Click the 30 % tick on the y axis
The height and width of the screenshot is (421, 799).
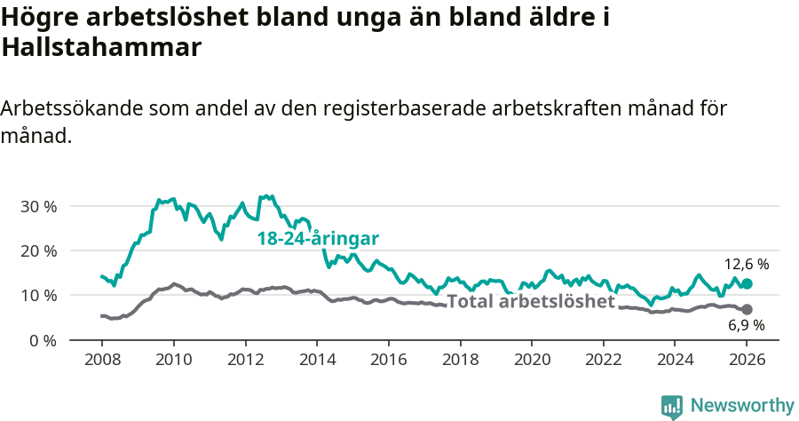pyautogui.click(x=38, y=207)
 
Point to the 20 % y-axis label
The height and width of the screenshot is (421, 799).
pyautogui.click(x=38, y=251)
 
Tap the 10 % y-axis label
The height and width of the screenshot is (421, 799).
pyautogui.click(x=38, y=296)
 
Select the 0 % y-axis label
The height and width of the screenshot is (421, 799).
pyautogui.click(x=43, y=340)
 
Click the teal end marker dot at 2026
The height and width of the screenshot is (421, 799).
pyautogui.click(x=747, y=284)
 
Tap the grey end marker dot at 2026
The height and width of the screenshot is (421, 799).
pyautogui.click(x=747, y=309)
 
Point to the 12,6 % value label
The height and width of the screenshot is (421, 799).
pyautogui.click(x=746, y=265)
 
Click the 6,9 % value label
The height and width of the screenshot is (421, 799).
pyautogui.click(x=746, y=326)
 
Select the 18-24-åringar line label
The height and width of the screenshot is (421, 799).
pyautogui.click(x=318, y=239)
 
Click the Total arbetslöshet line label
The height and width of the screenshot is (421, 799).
pyautogui.click(x=530, y=301)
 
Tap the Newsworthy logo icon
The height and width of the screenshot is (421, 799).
pyautogui.click(x=672, y=407)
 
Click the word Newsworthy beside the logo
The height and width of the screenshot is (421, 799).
pyautogui.click(x=742, y=406)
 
